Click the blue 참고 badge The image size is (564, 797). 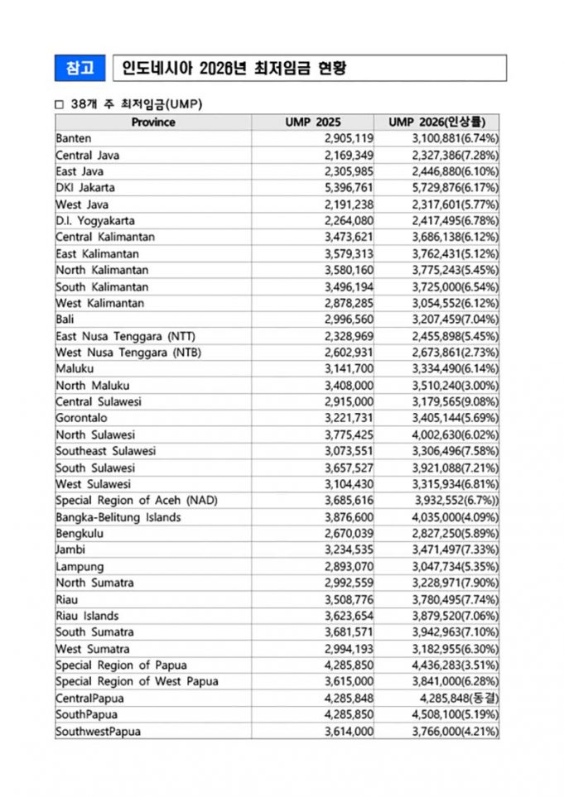click(x=80, y=68)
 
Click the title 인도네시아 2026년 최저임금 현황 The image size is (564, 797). click(x=234, y=68)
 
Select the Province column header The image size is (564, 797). click(x=153, y=122)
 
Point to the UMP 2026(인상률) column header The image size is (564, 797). click(x=438, y=122)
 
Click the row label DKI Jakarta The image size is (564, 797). click(x=85, y=188)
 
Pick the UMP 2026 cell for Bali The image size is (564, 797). click(x=455, y=319)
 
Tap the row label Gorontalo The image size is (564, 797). click(x=81, y=418)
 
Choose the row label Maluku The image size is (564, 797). click(x=74, y=369)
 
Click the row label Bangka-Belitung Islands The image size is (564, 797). click(x=118, y=517)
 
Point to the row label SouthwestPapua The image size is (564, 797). click(x=99, y=731)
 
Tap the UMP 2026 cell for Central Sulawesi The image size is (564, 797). click(x=455, y=401)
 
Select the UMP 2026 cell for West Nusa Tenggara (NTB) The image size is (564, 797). click(x=455, y=353)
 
